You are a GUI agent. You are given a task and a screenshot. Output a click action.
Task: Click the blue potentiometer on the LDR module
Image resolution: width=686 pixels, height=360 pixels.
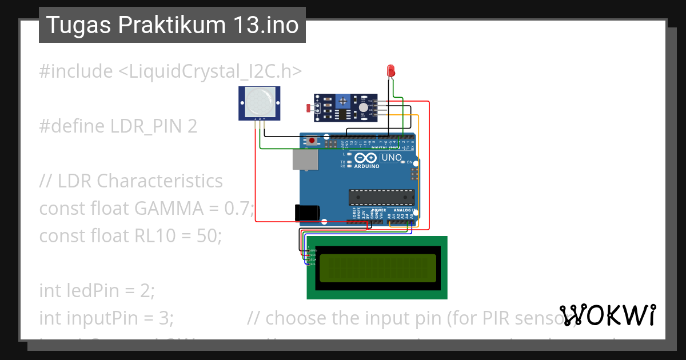click(x=342, y=101)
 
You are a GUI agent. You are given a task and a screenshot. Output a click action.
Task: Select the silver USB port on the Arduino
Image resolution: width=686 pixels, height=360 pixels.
click(x=305, y=160)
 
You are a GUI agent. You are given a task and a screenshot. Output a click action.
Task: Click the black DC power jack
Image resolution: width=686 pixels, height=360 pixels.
click(x=306, y=213)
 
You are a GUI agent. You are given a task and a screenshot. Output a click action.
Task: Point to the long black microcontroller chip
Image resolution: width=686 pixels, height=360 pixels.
click(x=382, y=197)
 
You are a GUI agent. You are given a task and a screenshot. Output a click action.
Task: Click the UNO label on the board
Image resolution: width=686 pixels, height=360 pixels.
click(x=392, y=157)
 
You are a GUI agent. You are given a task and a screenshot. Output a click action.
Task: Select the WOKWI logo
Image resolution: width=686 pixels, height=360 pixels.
click(x=608, y=315)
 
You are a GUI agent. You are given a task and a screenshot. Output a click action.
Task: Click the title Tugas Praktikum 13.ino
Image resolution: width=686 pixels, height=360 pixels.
click(x=172, y=25)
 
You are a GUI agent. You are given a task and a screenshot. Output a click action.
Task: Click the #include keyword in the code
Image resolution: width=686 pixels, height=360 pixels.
click(x=76, y=71)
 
